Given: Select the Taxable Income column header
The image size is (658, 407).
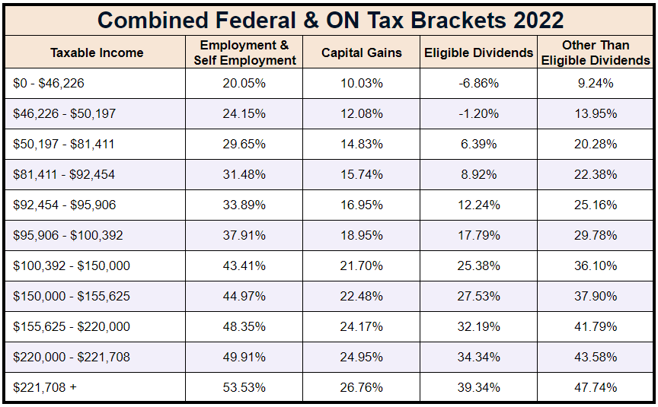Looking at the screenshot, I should coord(97,52).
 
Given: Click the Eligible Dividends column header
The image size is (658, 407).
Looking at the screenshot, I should coord(478,52).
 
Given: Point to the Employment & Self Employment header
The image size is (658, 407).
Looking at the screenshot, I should coord(244,52).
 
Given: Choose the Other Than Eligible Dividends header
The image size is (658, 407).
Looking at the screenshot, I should coord(596,52).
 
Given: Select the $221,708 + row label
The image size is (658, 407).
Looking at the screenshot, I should coord(45,387).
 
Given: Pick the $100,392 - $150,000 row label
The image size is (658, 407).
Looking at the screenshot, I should coord(72,266).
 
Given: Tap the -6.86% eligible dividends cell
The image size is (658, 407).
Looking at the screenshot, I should coord(478,84).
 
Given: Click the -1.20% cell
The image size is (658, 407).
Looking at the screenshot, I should coord(478,114).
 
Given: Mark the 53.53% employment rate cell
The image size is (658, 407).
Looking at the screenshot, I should coord(244,387).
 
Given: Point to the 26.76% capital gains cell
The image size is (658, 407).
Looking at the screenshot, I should coord(361,387).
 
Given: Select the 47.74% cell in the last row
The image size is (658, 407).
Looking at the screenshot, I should coord(596,387).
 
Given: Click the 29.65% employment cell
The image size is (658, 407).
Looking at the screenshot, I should coord(244,144).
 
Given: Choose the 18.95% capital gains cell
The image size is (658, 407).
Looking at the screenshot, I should coord(361,235).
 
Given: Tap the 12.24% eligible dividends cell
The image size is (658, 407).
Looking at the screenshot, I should coord(478,205).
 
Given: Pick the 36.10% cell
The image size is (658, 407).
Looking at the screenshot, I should coord(596,266).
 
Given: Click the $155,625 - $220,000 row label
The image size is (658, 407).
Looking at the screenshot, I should coord(72,326).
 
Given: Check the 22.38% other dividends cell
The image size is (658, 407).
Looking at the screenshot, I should coord(596,174).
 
